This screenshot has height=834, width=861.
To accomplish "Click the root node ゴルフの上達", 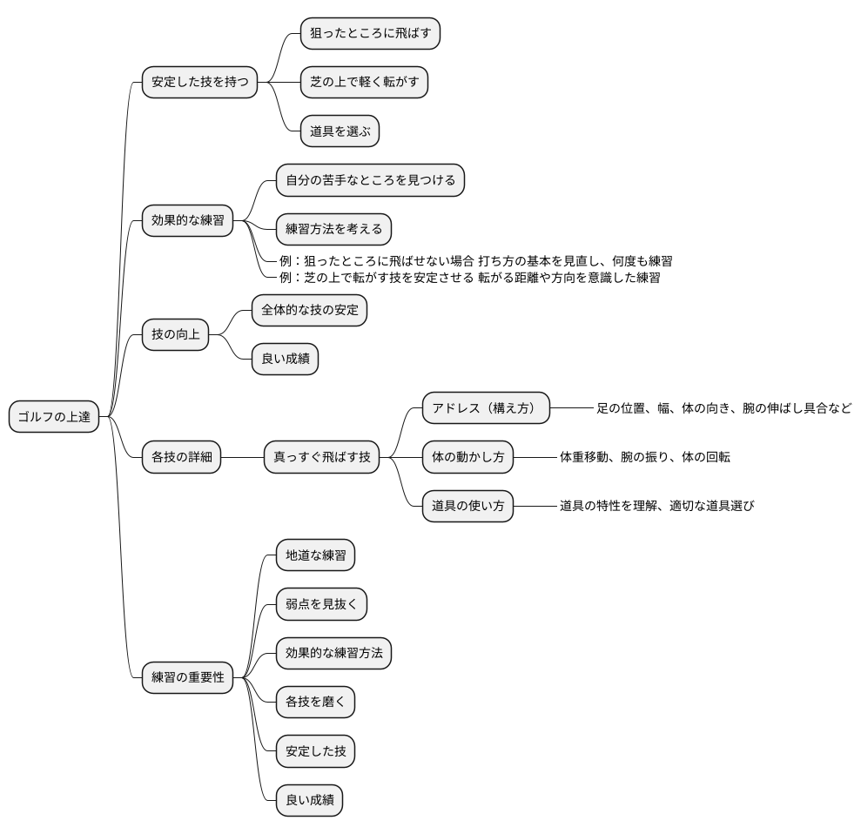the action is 54,417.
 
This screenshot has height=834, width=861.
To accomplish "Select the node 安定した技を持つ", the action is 200,83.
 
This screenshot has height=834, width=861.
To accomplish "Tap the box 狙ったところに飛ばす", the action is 370,33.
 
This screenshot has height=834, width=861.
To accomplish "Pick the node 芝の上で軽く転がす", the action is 364,83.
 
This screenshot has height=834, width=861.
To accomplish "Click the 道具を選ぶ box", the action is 340,131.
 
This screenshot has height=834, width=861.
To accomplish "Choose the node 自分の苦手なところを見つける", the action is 370,180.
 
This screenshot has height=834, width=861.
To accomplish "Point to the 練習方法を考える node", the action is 333,229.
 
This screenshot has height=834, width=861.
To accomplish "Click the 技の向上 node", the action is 176,334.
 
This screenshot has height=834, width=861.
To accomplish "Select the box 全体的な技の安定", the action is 310,310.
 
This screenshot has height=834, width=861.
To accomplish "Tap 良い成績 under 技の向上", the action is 285,359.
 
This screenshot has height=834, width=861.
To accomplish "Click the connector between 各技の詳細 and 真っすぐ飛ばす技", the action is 242,457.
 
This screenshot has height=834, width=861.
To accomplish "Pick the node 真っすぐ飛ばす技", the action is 322,457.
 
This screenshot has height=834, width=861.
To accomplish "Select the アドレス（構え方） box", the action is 486,408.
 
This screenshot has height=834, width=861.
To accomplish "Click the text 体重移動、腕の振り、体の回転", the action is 644,457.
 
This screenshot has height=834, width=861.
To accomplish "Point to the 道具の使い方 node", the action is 467,506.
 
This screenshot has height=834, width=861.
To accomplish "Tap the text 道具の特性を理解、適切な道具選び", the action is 656,506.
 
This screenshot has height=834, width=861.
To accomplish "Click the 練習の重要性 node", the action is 188,677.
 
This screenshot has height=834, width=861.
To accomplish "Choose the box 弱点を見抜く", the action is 322,604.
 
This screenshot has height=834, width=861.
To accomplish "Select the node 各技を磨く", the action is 316,702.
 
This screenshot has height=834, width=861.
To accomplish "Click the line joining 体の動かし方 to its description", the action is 535,457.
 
